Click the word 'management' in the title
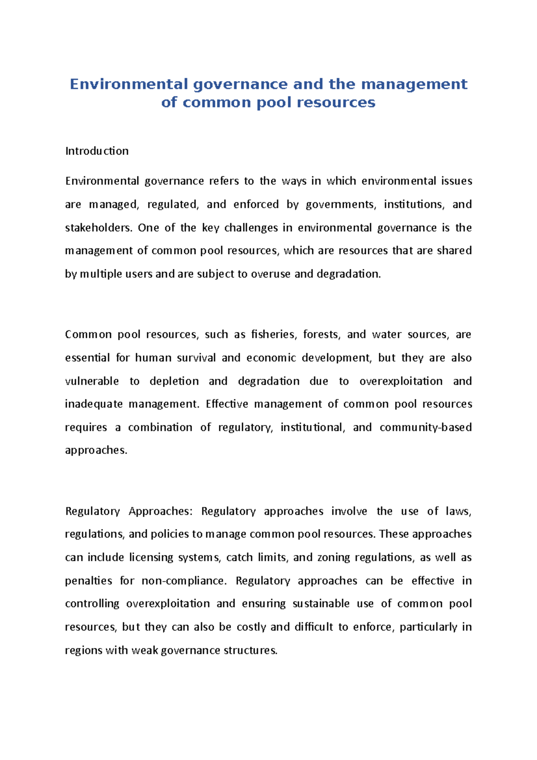(414, 84)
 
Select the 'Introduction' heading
(97, 151)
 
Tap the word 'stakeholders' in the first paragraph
(99, 228)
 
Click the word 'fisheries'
(273, 335)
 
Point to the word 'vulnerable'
(92, 381)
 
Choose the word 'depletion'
(174, 381)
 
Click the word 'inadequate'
(94, 404)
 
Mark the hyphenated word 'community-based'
(426, 427)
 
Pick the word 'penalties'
(89, 581)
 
